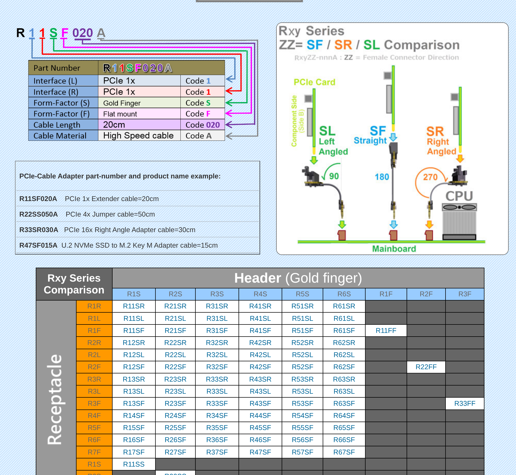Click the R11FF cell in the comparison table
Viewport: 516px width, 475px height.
pyautogui.click(x=386, y=331)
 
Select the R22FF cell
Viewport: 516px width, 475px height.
pyautogui.click(x=426, y=367)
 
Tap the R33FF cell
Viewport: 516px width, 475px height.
pyautogui.click(x=465, y=403)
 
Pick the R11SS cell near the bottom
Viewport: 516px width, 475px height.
pyautogui.click(x=134, y=464)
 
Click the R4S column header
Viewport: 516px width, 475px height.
pyautogui.click(x=260, y=294)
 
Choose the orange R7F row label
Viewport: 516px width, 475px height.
pyautogui.click(x=94, y=452)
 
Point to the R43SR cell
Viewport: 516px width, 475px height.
pyautogui.click(x=260, y=379)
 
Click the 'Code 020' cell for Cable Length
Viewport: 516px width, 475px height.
pyautogui.click(x=202, y=125)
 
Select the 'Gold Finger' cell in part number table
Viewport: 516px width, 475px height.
pyautogui.click(x=122, y=103)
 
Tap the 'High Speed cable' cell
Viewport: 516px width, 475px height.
pyautogui.click(x=138, y=136)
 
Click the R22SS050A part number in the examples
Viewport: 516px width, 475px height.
pyautogui.click(x=38, y=214)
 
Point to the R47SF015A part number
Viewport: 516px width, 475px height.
pyautogui.click(x=38, y=245)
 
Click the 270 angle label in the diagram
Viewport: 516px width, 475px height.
pyautogui.click(x=430, y=177)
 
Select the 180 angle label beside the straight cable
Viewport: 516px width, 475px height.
pyautogui.click(x=382, y=177)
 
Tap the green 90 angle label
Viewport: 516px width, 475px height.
pyautogui.click(x=334, y=176)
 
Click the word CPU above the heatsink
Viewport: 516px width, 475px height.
pyautogui.click(x=459, y=196)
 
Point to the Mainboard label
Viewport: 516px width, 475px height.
pyautogui.click(x=394, y=249)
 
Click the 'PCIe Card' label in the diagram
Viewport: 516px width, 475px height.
pyautogui.click(x=314, y=82)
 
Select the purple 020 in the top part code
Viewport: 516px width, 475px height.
pyautogui.click(x=83, y=33)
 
